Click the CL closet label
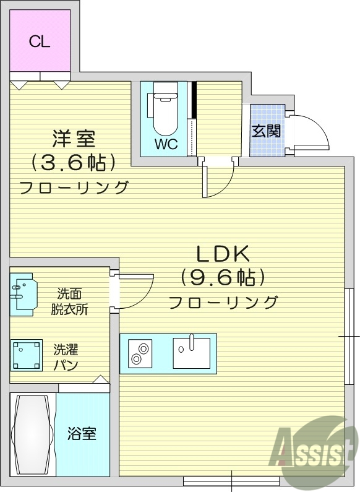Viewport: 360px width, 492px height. point(40,41)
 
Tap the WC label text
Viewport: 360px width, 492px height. point(166,145)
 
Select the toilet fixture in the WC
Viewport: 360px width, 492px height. point(165,113)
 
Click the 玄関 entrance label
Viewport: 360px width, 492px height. point(267,131)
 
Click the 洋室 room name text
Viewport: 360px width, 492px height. point(74,138)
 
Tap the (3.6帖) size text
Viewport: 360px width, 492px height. point(74,162)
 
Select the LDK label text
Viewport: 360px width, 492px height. point(222,253)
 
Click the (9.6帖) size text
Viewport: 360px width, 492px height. point(223,277)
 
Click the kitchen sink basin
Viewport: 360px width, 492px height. point(191,353)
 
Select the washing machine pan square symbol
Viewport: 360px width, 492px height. point(26,355)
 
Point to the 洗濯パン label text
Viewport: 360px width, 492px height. point(66,357)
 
